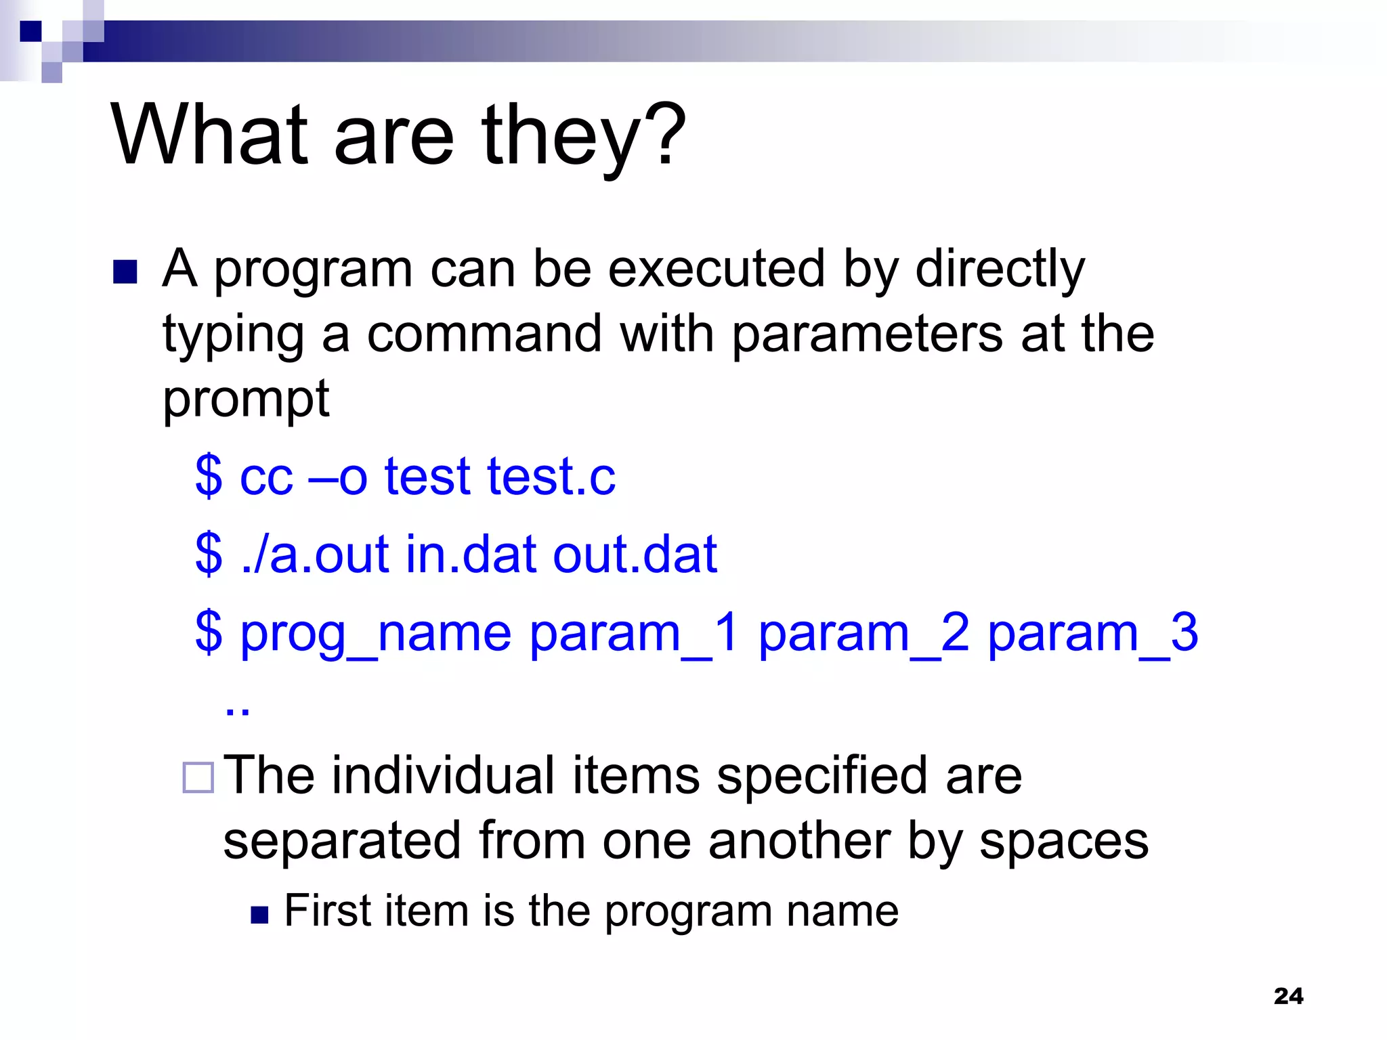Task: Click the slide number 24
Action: point(1288,996)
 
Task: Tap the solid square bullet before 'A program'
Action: point(125,272)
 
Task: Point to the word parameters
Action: point(867,335)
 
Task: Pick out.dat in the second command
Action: point(635,555)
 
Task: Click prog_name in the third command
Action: point(376,634)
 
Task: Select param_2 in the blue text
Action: point(863,634)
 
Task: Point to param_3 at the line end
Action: point(1092,634)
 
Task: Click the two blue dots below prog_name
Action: point(237,711)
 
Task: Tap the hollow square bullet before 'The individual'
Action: point(198,777)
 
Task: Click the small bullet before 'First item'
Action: point(259,915)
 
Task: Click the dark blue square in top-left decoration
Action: point(30,31)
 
